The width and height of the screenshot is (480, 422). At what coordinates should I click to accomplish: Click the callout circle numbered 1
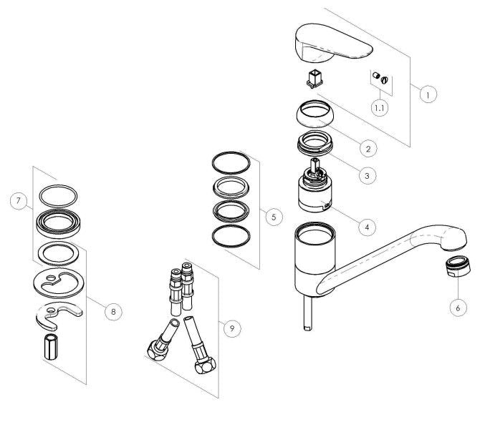428,94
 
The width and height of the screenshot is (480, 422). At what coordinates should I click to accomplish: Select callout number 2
367,149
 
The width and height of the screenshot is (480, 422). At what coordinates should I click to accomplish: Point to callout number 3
367,174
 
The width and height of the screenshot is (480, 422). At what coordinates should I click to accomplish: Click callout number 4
366,227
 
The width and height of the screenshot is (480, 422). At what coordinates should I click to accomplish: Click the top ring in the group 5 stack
231,162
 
